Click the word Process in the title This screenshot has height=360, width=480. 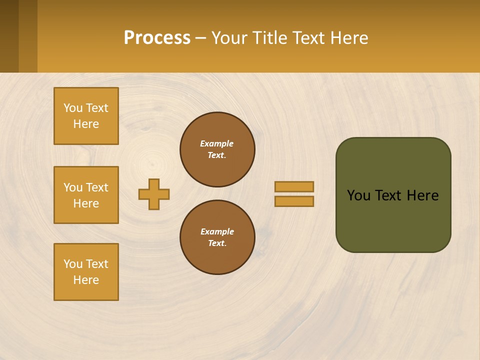(157, 38)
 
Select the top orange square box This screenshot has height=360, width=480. (86, 116)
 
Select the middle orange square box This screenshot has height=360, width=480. (86, 195)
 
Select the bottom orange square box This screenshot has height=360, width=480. (86, 272)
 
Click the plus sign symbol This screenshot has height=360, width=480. (154, 194)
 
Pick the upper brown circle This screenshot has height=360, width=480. (217, 149)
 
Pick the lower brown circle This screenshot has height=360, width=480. (217, 237)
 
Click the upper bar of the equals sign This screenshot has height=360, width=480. (294, 186)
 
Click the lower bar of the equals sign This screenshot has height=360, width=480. (294, 201)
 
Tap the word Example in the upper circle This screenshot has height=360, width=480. (216, 143)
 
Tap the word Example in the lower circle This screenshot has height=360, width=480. (217, 231)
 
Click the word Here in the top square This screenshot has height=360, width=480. (86, 124)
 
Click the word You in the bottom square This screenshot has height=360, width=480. (73, 264)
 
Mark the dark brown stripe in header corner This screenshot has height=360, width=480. (9, 36)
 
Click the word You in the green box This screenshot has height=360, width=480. (358, 195)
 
